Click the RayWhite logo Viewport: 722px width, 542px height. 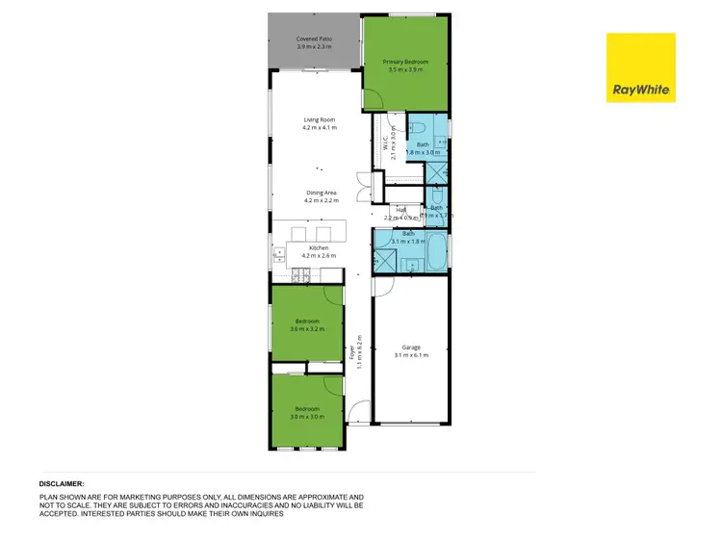click(640, 67)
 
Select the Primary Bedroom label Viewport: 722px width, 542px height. click(405, 65)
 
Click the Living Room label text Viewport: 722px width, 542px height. click(318, 123)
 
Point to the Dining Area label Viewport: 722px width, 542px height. click(320, 196)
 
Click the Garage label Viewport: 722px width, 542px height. click(411, 351)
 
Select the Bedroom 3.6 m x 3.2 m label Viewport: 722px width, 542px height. click(307, 324)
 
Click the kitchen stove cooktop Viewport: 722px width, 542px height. click(300, 276)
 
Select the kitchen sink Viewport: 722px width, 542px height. click(278, 254)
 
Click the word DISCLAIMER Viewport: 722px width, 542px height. click(62, 483)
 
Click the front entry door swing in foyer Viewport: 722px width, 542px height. click(358, 413)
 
